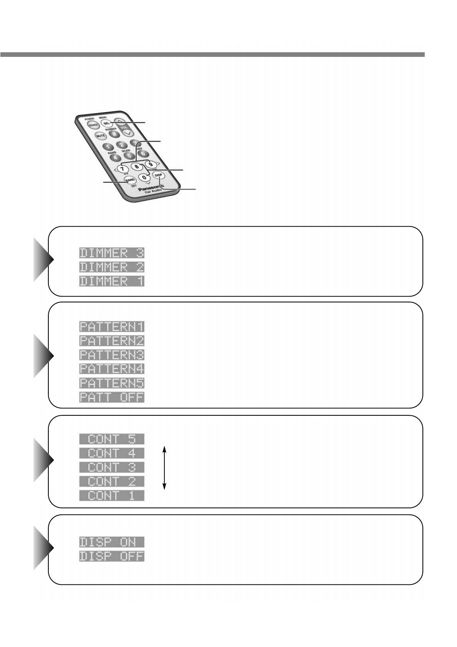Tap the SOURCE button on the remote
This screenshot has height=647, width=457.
(x=93, y=126)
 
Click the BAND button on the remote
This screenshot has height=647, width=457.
(x=130, y=179)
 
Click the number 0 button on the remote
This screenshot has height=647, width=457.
(x=144, y=177)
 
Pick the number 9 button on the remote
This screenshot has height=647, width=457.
(x=151, y=164)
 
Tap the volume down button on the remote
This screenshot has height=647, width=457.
(x=127, y=133)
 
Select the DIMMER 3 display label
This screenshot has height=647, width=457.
(x=112, y=253)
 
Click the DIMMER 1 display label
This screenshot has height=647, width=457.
(x=112, y=281)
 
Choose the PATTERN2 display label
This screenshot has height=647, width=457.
(x=112, y=341)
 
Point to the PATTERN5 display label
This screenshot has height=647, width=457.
(x=112, y=383)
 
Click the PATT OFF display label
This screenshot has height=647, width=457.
(x=112, y=397)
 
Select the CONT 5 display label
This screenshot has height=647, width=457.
(x=112, y=439)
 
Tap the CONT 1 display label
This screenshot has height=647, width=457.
(x=112, y=495)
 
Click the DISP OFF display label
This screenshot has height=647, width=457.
(x=112, y=556)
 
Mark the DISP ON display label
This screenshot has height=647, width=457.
(x=112, y=542)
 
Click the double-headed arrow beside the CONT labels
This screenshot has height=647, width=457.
(x=164, y=468)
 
